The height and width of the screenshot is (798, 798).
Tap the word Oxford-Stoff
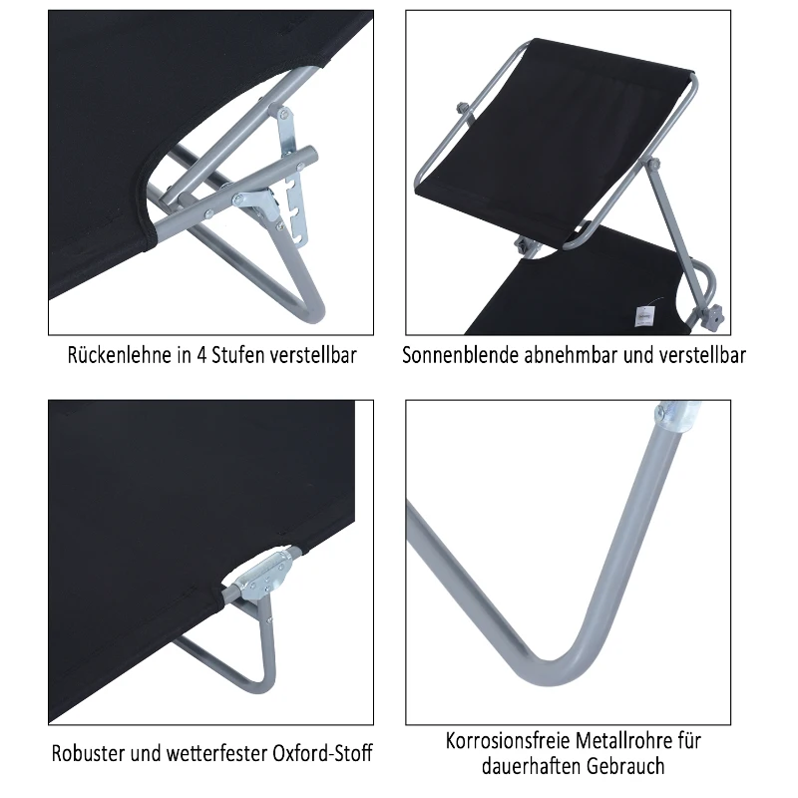[x=318, y=752]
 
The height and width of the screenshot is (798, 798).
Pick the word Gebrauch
[x=629, y=766]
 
